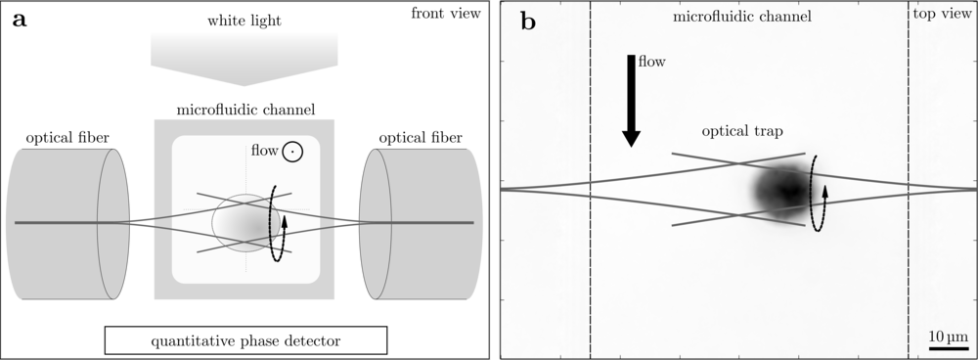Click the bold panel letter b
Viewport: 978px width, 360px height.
tap(528, 21)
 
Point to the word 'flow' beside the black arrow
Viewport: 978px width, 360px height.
tap(652, 61)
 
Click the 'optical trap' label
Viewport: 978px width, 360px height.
tap(741, 131)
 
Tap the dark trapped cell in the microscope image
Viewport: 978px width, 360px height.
tap(783, 190)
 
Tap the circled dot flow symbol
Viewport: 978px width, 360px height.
tap(292, 152)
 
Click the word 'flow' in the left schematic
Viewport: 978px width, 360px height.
tap(263, 152)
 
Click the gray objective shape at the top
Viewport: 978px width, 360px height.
tap(244, 55)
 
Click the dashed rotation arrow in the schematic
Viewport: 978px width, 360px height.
tap(279, 223)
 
